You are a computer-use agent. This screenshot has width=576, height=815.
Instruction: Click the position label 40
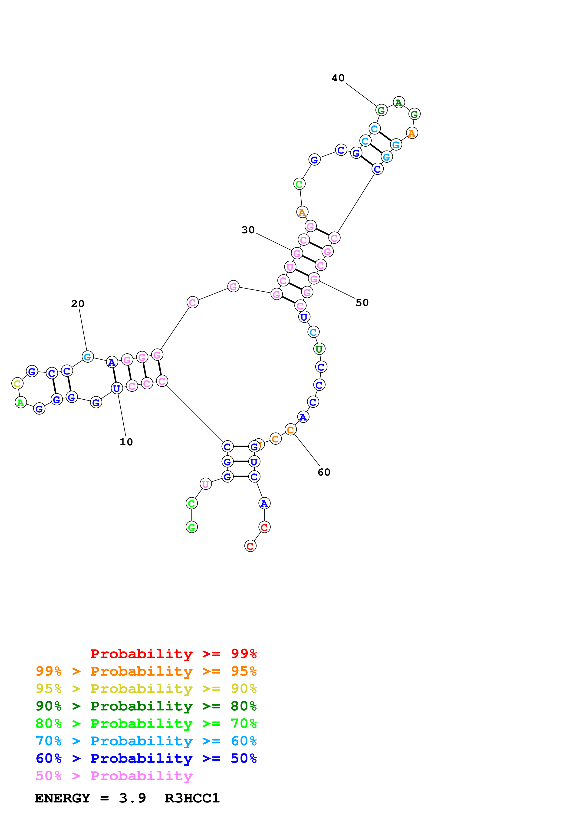pos(338,78)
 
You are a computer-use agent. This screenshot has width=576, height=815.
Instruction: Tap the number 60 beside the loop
pos(324,472)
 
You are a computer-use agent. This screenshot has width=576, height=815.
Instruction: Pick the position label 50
pos(362,303)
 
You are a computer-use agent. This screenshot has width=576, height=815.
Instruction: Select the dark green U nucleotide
pos(319,349)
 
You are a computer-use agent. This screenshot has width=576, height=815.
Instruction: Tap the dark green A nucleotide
pos(399,103)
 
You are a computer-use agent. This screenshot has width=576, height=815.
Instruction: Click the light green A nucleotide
pos(21,403)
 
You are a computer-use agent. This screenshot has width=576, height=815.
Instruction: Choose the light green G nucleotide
pos(192,527)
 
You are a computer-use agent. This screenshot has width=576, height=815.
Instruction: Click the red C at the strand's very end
pos(250,546)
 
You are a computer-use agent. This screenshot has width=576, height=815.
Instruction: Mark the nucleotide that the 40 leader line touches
pos(381,110)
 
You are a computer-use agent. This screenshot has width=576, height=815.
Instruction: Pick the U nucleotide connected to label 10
pos(117,388)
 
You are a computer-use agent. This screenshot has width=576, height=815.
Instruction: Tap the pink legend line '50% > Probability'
pos(114,776)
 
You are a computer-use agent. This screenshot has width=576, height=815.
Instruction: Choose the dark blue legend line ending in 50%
pos(146,758)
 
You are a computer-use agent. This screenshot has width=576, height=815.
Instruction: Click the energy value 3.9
pos(132,798)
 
